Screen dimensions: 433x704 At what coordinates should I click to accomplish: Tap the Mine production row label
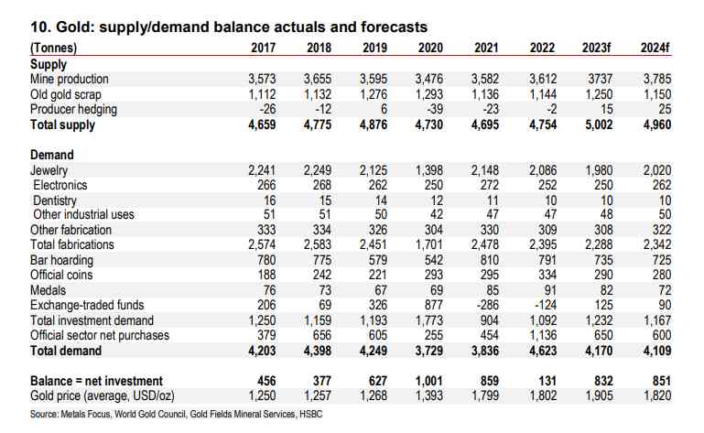(69, 80)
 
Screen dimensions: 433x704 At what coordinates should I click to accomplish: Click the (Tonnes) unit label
(54, 47)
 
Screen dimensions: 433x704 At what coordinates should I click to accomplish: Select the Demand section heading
(52, 156)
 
